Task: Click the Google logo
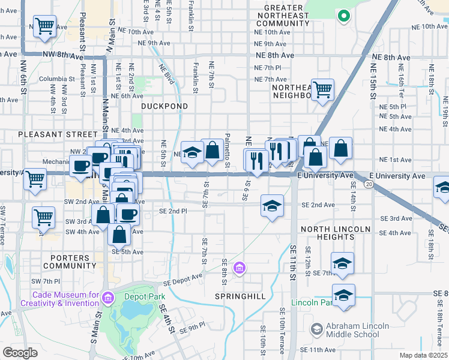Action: click(x=19, y=353)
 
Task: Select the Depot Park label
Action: click(x=144, y=296)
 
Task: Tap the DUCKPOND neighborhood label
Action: click(x=164, y=106)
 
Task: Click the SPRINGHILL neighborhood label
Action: click(x=238, y=297)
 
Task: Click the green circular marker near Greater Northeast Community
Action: click(x=343, y=16)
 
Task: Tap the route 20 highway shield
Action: click(x=366, y=185)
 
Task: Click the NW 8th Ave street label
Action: click(x=62, y=55)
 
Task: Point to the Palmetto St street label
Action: click(x=228, y=150)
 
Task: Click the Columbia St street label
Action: click(x=56, y=79)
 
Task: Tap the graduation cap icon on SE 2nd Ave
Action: click(x=272, y=205)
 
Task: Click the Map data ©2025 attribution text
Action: click(x=423, y=355)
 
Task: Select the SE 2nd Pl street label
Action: click(x=173, y=211)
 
